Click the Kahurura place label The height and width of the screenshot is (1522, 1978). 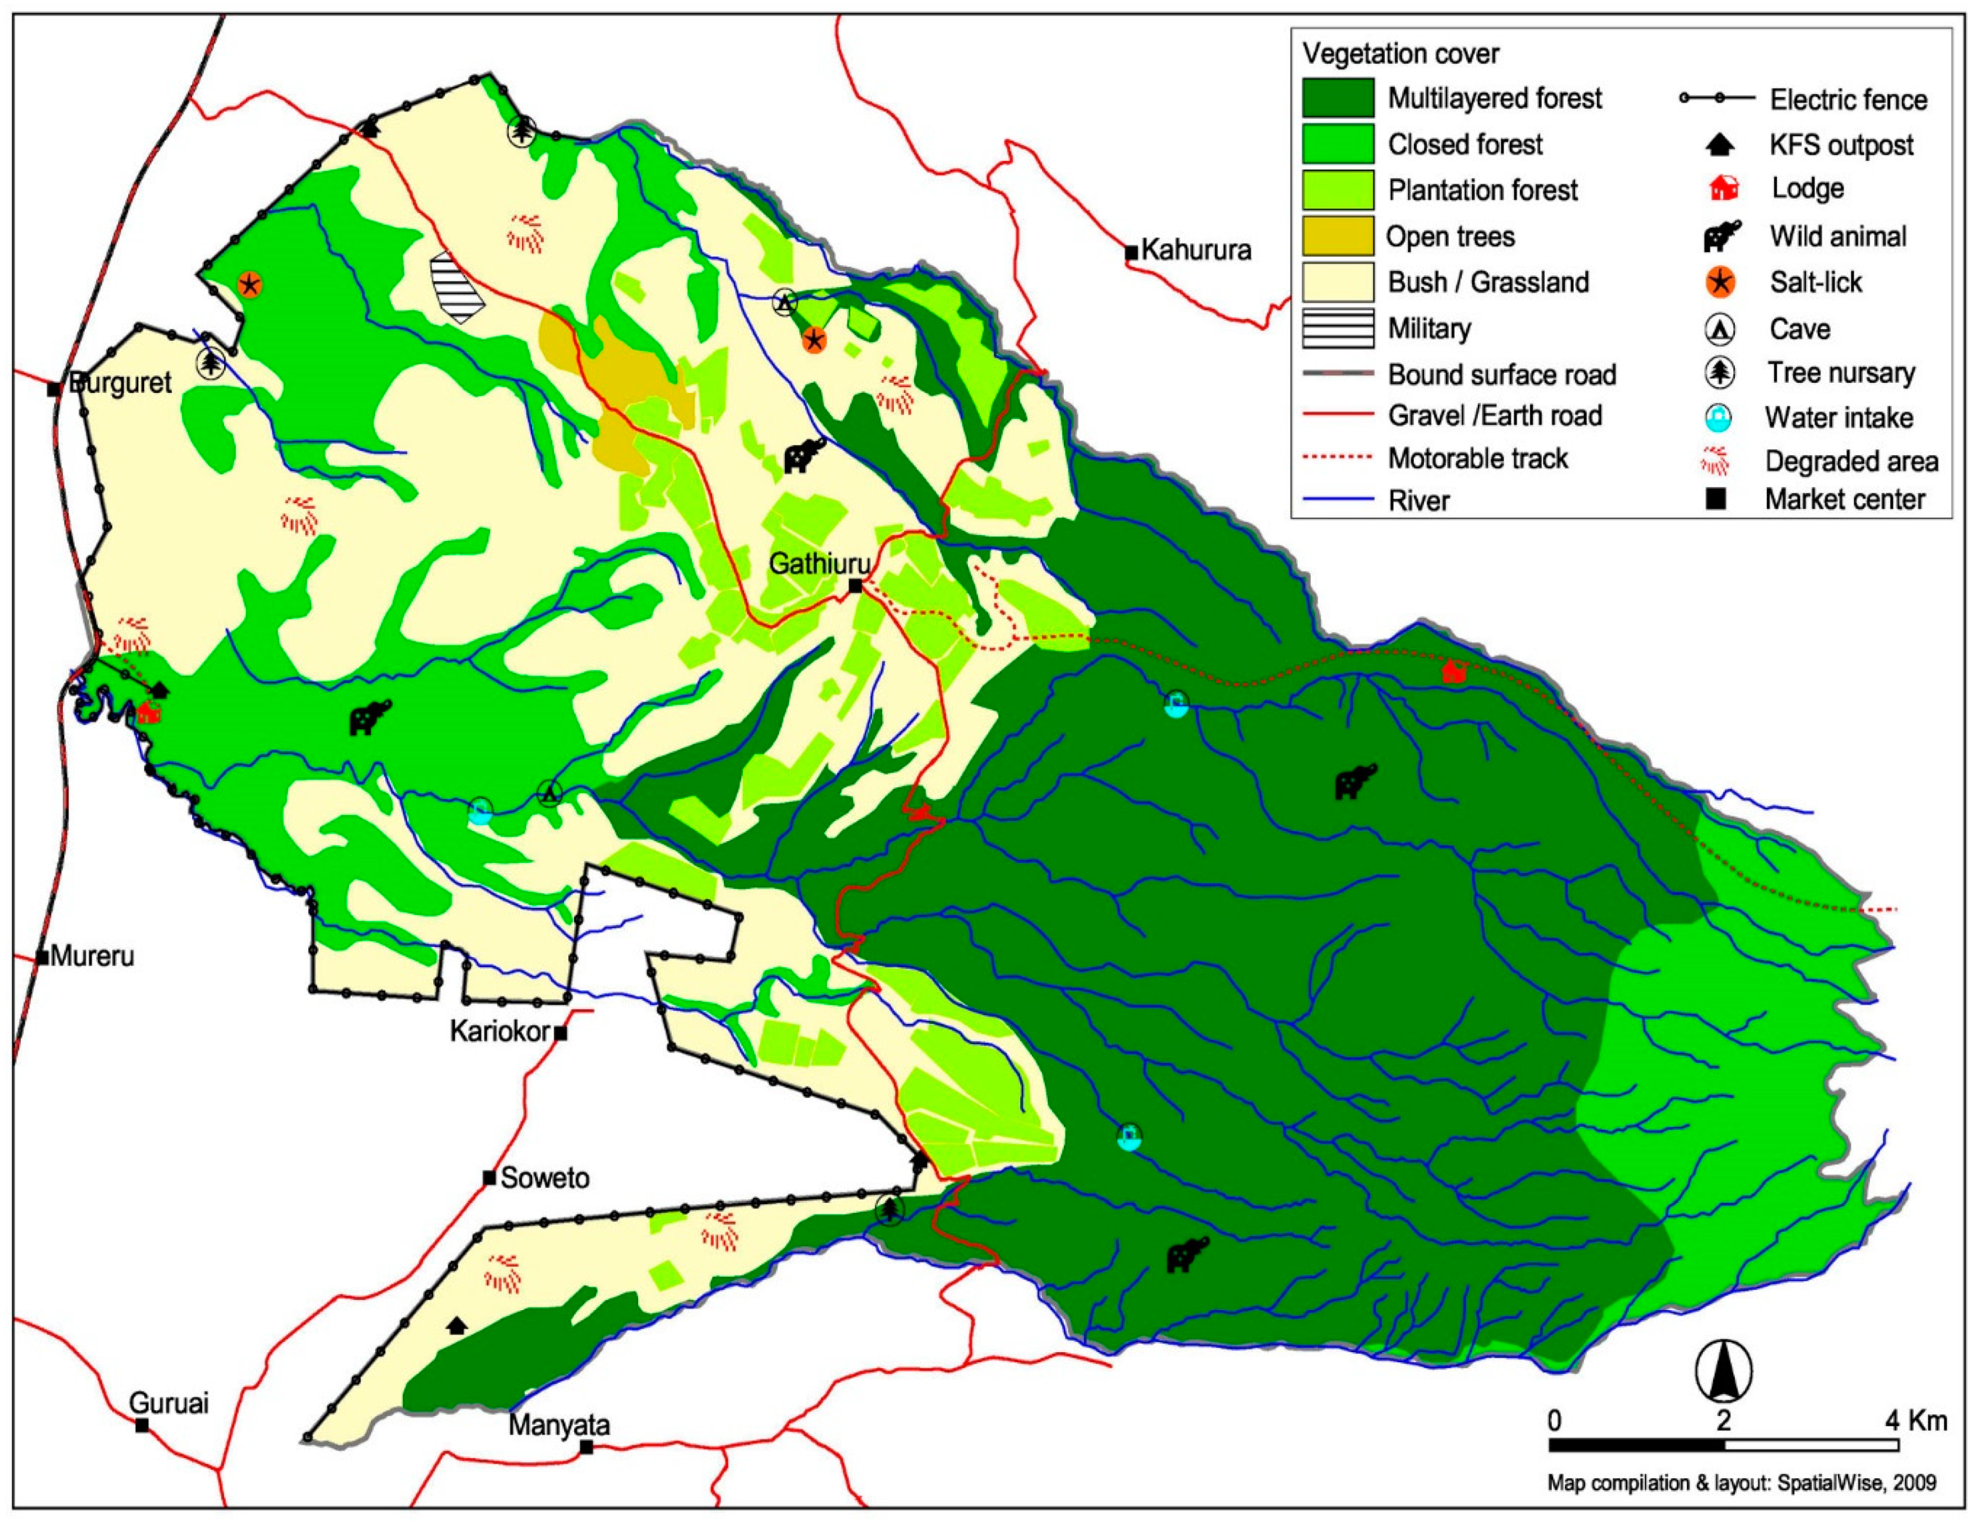click(1195, 250)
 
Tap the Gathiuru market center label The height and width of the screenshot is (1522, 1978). click(820, 564)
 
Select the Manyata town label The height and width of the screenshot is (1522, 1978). click(559, 1425)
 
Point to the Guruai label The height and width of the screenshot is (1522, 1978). click(169, 1403)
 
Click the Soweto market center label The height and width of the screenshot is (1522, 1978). click(544, 1178)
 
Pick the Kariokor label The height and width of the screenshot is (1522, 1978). click(500, 1031)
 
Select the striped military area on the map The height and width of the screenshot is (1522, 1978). click(457, 288)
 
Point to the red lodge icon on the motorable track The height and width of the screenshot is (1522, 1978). click(1453, 671)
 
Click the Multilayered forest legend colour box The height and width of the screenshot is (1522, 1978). click(1338, 98)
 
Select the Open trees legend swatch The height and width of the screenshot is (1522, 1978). click(1338, 236)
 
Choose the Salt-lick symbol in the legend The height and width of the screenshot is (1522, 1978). click(1719, 282)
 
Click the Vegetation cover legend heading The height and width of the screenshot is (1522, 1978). click(1400, 54)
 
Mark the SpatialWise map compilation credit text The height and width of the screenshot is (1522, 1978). click(1740, 1483)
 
